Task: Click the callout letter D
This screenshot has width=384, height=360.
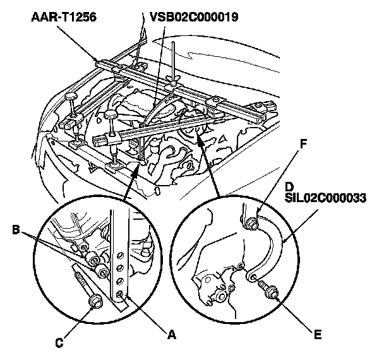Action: (x=288, y=188)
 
